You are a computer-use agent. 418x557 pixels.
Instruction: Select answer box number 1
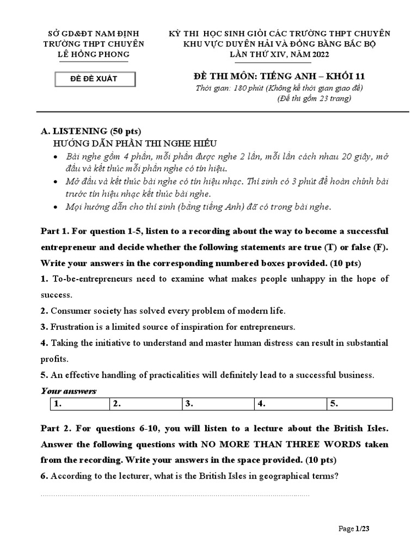[78, 404]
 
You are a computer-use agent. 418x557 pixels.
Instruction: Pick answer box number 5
[359, 404]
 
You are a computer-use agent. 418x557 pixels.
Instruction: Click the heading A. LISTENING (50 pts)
[91, 131]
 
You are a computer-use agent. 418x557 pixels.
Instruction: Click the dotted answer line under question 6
[174, 495]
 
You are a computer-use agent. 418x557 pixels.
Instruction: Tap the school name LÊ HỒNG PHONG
[94, 54]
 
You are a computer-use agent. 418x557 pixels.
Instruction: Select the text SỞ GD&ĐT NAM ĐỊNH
[94, 34]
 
